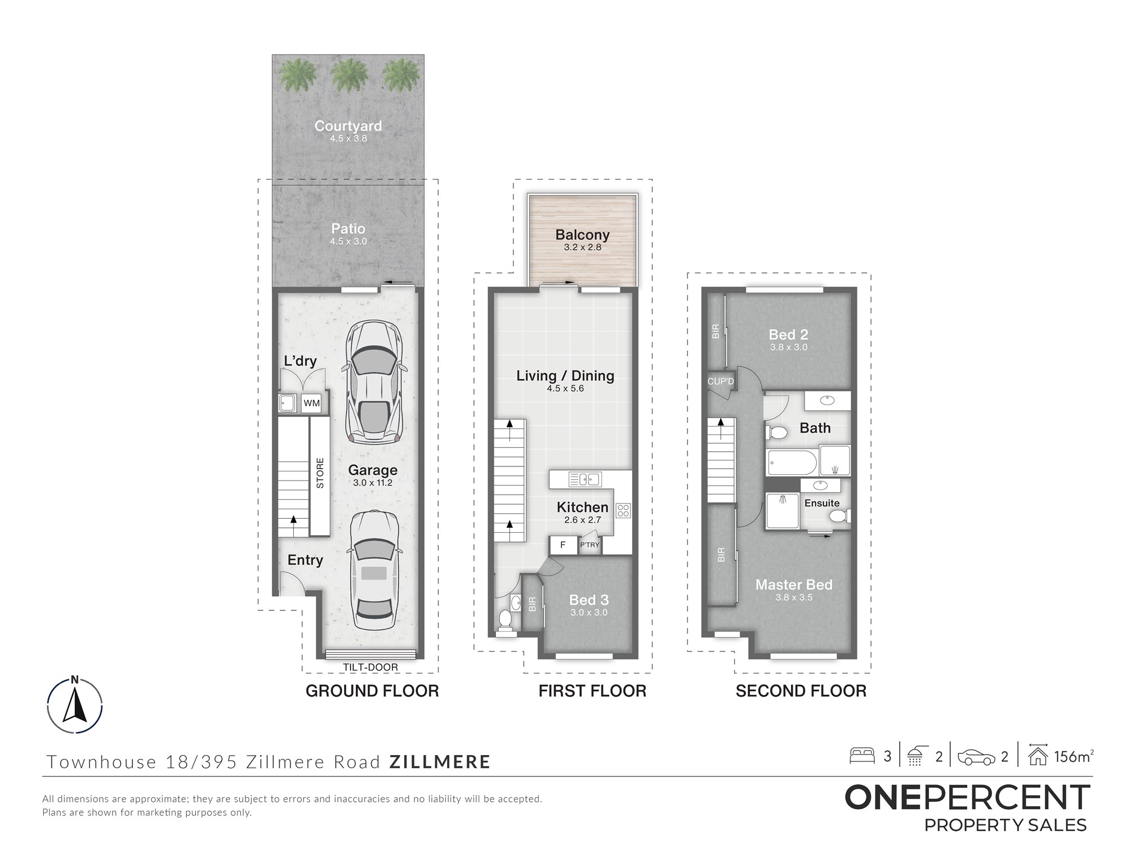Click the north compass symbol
coord(75,705)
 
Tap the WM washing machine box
coord(311,403)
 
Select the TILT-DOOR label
coord(370,667)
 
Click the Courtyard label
coord(348,126)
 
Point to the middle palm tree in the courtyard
coord(348,75)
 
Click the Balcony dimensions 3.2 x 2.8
coord(583,247)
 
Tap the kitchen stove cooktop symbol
coord(623,510)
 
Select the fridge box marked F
coord(563,545)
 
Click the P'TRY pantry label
coord(589,545)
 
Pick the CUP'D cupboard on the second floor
coord(721,381)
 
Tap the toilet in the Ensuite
coord(839,516)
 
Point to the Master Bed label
coord(794,585)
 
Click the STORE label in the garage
coord(320,473)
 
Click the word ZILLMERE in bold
coord(440,762)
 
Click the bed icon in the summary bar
coord(862,755)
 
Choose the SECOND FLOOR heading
coord(801,691)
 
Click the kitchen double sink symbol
coord(585,479)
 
